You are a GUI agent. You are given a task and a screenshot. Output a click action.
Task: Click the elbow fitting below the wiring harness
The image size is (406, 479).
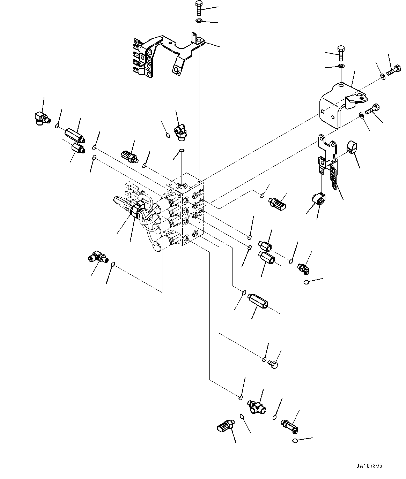point(97,258)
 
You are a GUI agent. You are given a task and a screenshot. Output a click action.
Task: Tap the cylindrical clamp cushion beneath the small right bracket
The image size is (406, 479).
point(318,199)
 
